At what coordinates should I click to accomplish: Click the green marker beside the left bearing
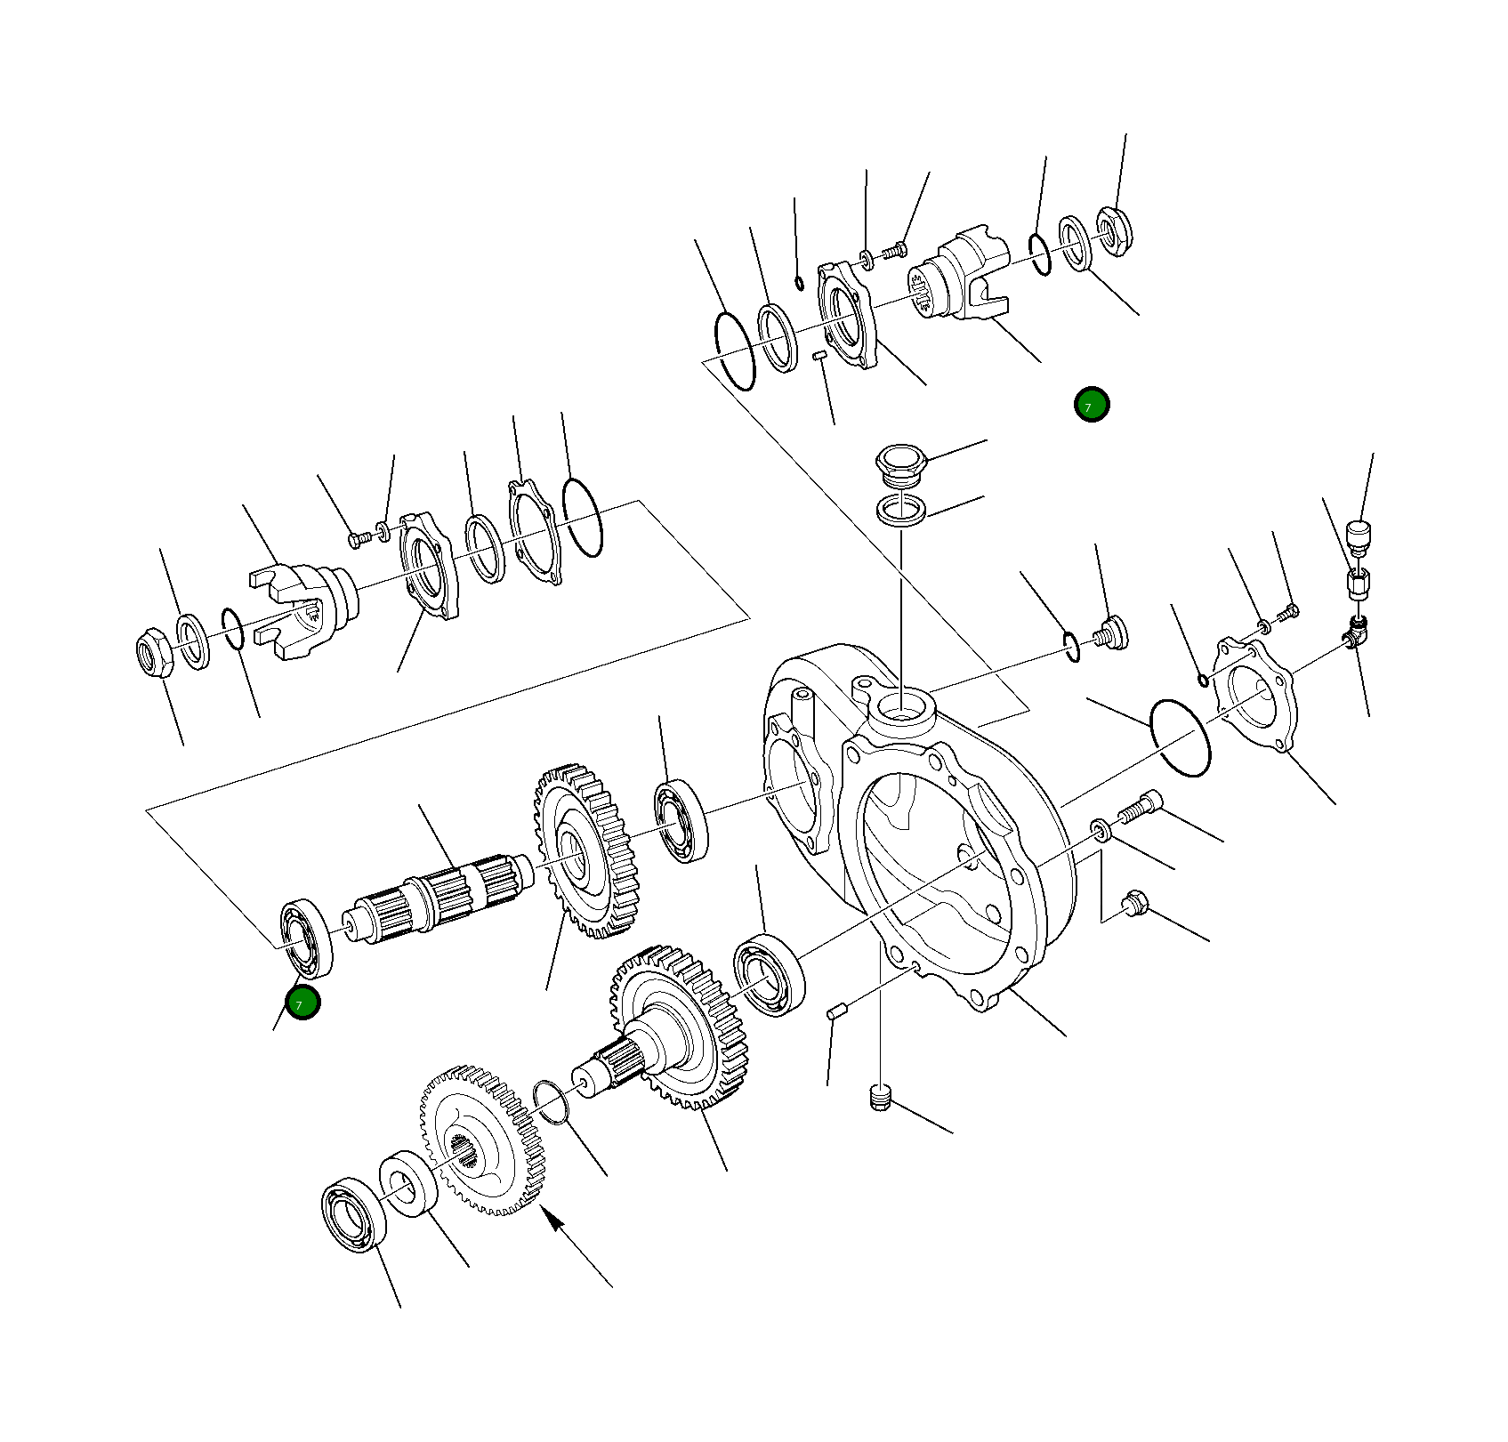302,1003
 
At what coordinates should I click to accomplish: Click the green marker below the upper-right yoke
1091,405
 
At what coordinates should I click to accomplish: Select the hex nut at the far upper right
1114,231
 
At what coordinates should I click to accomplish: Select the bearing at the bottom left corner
353,1214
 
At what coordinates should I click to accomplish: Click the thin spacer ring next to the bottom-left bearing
408,1183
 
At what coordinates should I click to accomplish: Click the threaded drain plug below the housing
880,1098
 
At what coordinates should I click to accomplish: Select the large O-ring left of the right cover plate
1180,737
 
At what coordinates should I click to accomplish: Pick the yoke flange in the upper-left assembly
302,609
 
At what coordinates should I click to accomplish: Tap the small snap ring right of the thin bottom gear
551,1102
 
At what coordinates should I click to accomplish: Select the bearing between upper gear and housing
681,820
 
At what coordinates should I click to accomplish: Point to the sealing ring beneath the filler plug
900,511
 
